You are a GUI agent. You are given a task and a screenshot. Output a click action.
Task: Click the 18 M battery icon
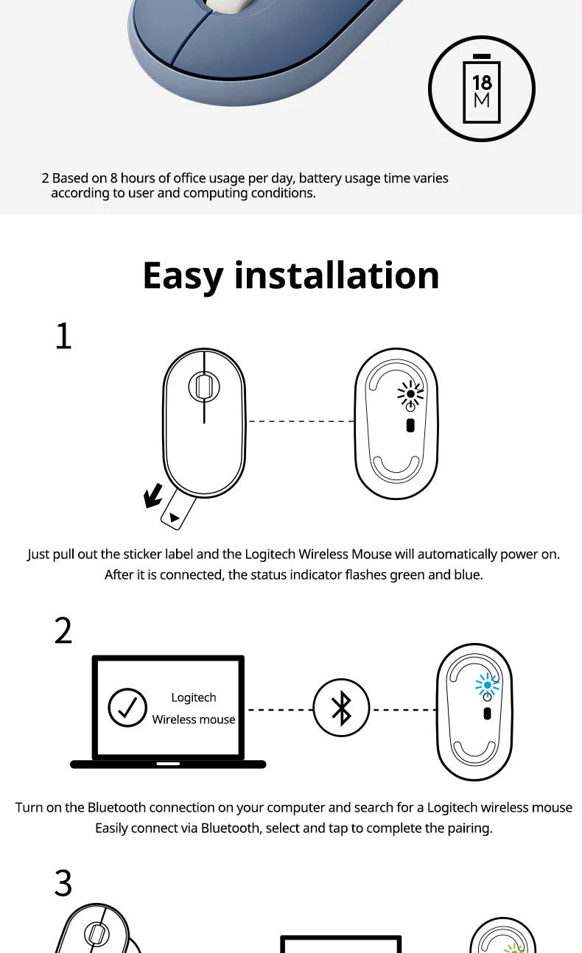pos(482,88)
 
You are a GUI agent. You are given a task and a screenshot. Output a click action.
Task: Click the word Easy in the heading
pos(183,276)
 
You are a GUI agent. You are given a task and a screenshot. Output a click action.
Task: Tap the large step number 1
pos(64,336)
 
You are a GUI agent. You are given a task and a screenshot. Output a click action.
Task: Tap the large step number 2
pos(63,630)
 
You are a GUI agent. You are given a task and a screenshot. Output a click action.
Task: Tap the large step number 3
pos(63,883)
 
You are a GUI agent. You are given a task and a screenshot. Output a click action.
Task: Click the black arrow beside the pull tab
pos(153,496)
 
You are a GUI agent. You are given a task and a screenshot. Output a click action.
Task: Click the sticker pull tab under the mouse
pos(178,509)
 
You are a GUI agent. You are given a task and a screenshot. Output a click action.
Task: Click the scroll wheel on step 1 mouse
pos(204,387)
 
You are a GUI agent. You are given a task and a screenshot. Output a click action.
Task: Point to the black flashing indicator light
pos(410,394)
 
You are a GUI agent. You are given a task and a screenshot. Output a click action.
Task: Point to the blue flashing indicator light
pos(488,686)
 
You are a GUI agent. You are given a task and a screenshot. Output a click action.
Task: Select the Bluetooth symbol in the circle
pos(341,708)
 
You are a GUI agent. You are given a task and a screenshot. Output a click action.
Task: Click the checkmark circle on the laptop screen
pos(127,708)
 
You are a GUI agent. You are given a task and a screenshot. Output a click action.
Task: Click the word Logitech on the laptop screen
pos(194,698)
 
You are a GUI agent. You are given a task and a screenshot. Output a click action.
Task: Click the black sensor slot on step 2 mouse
pos(488,714)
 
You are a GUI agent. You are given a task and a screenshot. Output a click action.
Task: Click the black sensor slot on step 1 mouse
pos(410,426)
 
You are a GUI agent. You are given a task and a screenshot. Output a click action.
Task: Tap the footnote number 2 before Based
pos(46,178)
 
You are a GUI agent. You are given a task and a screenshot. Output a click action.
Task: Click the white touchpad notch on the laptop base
pos(168,764)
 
